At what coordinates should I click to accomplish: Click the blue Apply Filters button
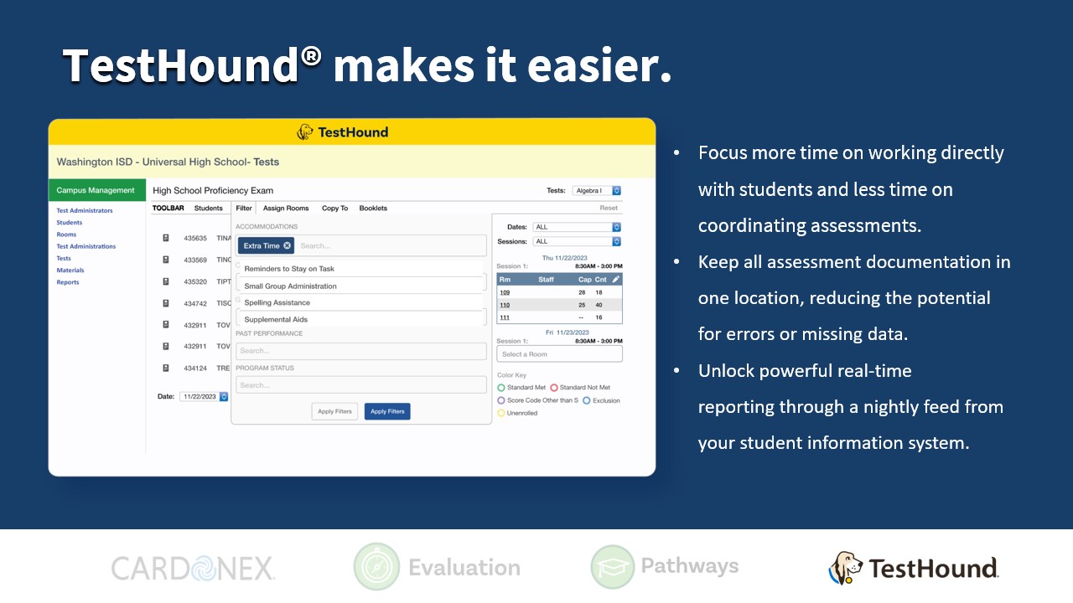(x=387, y=411)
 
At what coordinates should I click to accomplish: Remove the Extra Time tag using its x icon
(x=288, y=245)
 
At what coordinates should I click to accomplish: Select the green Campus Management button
(x=96, y=190)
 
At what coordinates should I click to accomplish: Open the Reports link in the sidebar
(x=68, y=282)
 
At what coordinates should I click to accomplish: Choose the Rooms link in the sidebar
(x=66, y=234)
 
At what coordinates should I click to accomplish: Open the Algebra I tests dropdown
(x=597, y=191)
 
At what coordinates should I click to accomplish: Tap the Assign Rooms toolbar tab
(x=286, y=209)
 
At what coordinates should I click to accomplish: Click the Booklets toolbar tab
(x=373, y=209)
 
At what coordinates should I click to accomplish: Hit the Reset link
(x=609, y=209)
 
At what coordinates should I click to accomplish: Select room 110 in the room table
(x=505, y=305)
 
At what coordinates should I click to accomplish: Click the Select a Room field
(x=559, y=354)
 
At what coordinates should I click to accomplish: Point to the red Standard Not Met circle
(x=554, y=388)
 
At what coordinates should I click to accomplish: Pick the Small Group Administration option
(x=290, y=286)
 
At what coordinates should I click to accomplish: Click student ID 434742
(x=195, y=303)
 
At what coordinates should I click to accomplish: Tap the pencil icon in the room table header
(x=616, y=279)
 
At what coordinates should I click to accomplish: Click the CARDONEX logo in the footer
(x=194, y=569)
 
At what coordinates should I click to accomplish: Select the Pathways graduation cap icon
(x=613, y=567)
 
